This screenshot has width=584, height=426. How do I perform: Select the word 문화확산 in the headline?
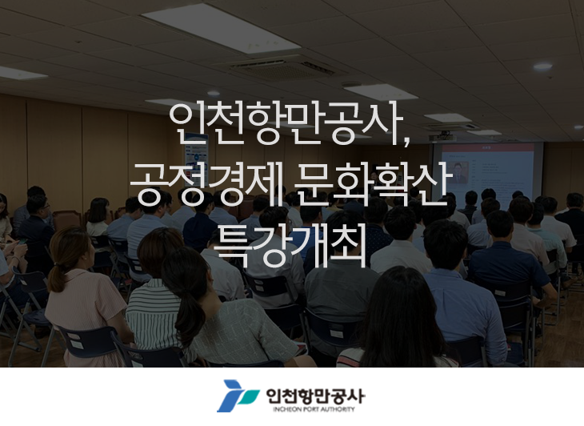(x=370, y=183)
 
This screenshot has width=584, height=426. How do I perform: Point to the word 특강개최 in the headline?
(x=290, y=244)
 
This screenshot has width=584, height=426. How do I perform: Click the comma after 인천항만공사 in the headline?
(x=406, y=141)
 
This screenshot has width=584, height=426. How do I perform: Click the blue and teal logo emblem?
(x=238, y=396)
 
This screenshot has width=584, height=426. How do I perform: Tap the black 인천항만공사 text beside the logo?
(x=315, y=396)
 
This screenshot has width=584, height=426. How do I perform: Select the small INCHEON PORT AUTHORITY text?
(x=314, y=409)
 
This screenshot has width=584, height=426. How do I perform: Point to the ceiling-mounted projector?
(x=442, y=137)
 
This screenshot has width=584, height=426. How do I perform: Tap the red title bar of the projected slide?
(x=487, y=147)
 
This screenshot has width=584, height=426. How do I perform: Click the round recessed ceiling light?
(x=542, y=66)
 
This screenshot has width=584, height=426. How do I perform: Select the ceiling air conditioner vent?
(x=282, y=69)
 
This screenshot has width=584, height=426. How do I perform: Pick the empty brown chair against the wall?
(x=67, y=220)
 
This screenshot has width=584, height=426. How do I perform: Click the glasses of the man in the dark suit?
(x=45, y=206)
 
